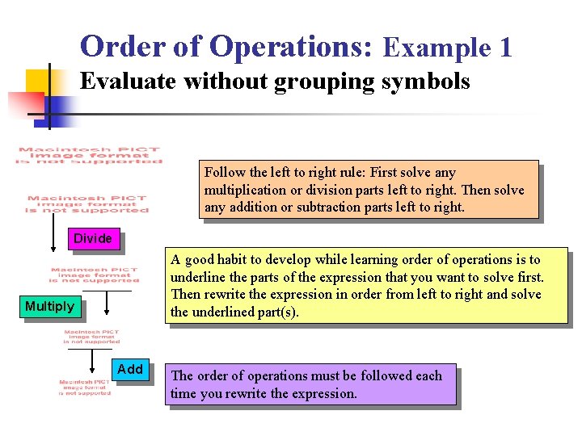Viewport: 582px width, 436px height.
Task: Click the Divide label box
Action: click(93, 239)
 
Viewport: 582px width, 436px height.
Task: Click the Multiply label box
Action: click(49, 306)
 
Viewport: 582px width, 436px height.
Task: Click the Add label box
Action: click(130, 370)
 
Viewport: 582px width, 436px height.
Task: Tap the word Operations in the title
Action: click(290, 47)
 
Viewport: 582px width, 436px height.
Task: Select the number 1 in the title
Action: click(505, 48)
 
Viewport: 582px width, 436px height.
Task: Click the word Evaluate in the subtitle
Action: click(129, 82)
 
